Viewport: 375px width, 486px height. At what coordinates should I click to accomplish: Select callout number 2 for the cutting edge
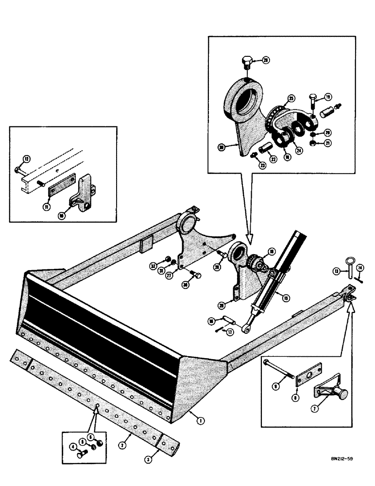[124, 444]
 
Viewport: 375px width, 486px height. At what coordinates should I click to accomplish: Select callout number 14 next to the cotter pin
[360, 268]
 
